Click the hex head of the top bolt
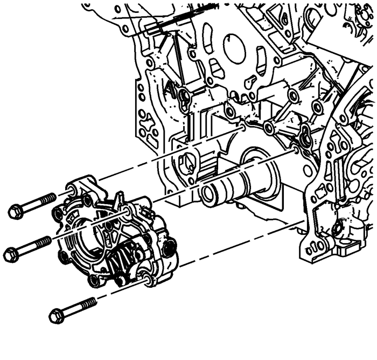click(16, 212)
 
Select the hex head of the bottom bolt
click(56, 315)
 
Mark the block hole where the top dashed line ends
click(243, 127)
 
